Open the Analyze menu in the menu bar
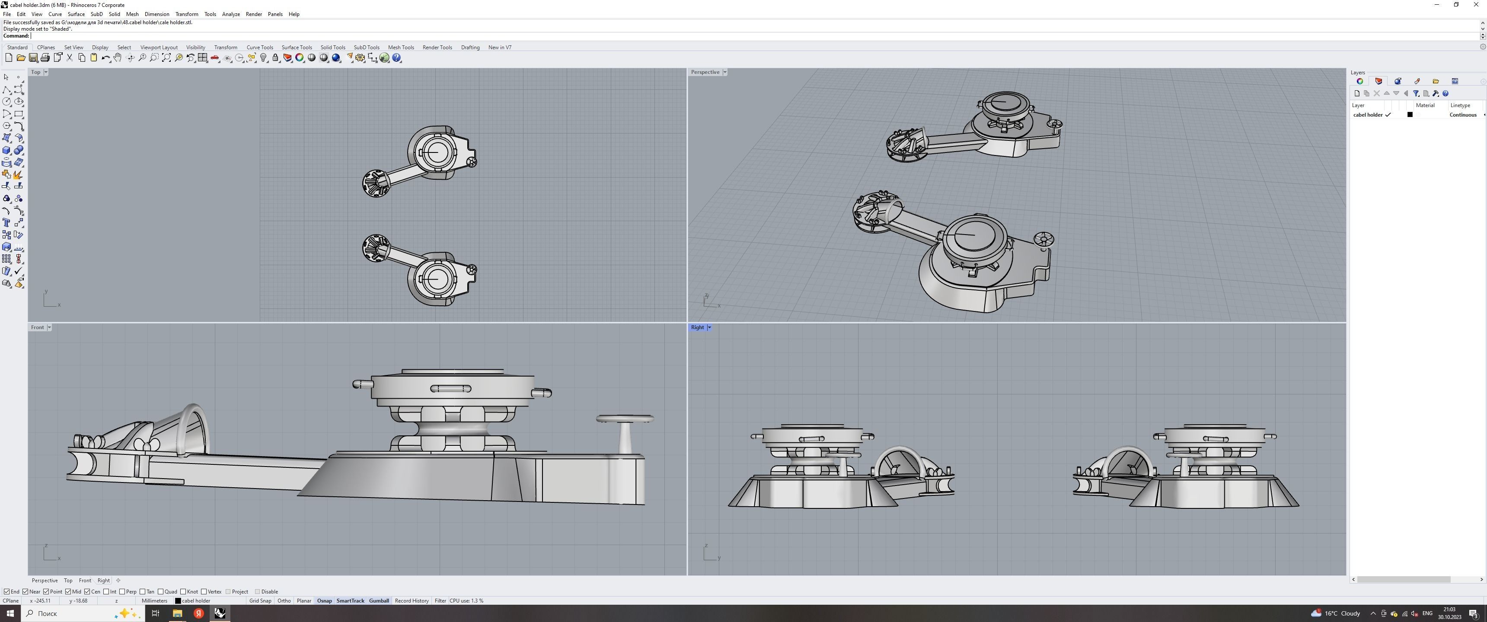tap(231, 14)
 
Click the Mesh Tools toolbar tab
tap(401, 48)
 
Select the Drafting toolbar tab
tap(470, 48)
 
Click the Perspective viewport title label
tap(705, 72)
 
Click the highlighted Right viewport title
tap(697, 327)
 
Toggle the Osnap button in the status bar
tap(324, 601)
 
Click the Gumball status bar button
tap(379, 601)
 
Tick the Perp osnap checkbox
tap(122, 591)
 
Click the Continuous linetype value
tap(1462, 115)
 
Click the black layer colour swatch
tap(1410, 115)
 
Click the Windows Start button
tap(10, 613)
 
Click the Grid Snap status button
tap(260, 601)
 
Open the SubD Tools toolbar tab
tap(367, 48)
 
